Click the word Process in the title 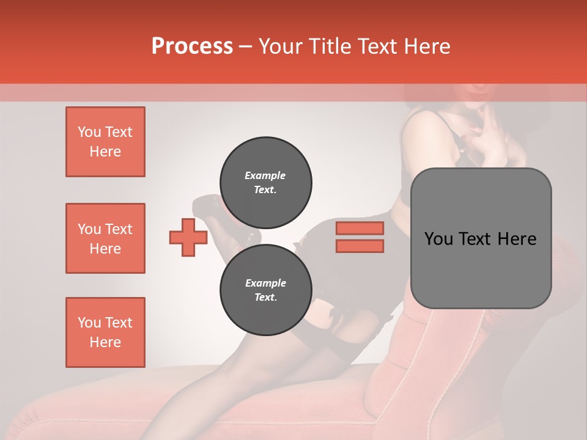pyautogui.click(x=192, y=46)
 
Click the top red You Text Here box pyautogui.click(x=105, y=142)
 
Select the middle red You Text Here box pyautogui.click(x=105, y=238)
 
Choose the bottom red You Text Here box pyautogui.click(x=105, y=332)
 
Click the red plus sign pyautogui.click(x=188, y=238)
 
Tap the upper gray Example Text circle pyautogui.click(x=265, y=182)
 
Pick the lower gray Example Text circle pyautogui.click(x=265, y=290)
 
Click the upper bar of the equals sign pyautogui.click(x=360, y=228)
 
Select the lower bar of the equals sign pyautogui.click(x=360, y=246)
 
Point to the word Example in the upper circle pyautogui.click(x=265, y=175)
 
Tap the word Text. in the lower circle pyautogui.click(x=265, y=298)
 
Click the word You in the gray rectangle pyautogui.click(x=438, y=239)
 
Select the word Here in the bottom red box pyautogui.click(x=105, y=342)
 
